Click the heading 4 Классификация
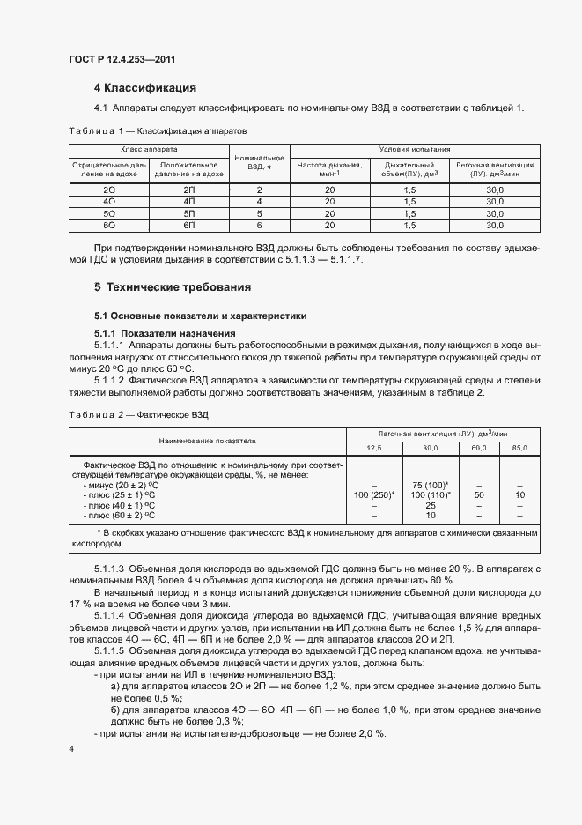tap(144, 87)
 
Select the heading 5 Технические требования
tap(173, 286)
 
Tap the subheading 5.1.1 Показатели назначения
tap(164, 332)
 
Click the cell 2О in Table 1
tap(109, 190)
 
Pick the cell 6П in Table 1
tap(188, 225)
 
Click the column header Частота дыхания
tap(330, 167)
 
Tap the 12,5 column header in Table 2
tap(374, 449)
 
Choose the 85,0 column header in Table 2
tap(519, 449)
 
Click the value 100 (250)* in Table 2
tap(374, 495)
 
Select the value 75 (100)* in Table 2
tap(431, 485)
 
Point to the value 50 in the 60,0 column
tap(479, 495)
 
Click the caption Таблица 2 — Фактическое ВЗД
tap(138, 413)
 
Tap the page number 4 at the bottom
tap(70, 748)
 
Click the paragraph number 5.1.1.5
tap(110, 650)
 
